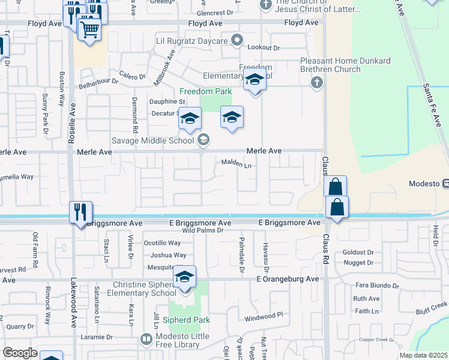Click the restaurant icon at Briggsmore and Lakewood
click(x=80, y=212)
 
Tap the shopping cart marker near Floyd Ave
click(x=89, y=28)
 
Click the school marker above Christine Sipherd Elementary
click(x=185, y=278)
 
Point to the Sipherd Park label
click(x=190, y=320)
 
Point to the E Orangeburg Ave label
click(x=288, y=279)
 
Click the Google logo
click(x=20, y=353)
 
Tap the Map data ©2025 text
click(x=423, y=355)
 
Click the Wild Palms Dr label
click(x=206, y=230)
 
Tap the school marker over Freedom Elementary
click(x=255, y=80)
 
